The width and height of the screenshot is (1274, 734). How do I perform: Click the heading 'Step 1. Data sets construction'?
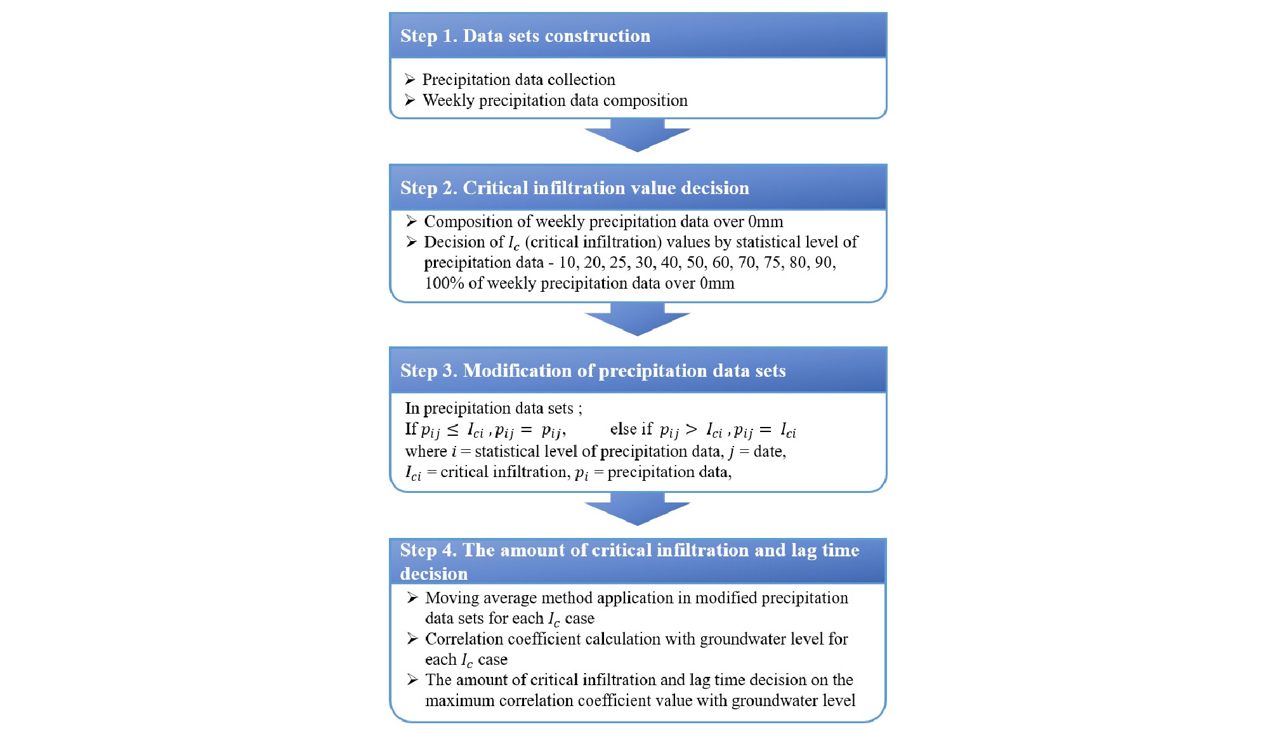coord(525,36)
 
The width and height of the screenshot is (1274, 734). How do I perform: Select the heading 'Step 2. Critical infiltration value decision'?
coord(574,188)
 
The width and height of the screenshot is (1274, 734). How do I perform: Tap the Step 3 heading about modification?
coord(593,371)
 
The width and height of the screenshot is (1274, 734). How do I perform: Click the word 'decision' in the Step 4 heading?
coord(433,574)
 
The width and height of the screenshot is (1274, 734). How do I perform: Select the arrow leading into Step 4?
coord(637,509)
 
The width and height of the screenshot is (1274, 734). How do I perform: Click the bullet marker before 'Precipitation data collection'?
coord(410,79)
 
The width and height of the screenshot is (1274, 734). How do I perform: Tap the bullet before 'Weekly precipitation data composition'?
coord(410,100)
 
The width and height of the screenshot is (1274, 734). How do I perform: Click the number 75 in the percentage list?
coord(772,263)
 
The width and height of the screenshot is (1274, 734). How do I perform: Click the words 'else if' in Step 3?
coord(631,429)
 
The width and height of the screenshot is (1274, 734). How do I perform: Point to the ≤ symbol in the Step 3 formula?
coord(452,430)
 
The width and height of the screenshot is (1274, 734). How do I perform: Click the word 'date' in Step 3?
coord(768,452)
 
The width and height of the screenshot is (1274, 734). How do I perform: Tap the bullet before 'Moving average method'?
coord(412,598)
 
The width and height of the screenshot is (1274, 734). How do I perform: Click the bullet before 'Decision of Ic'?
coord(411,242)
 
